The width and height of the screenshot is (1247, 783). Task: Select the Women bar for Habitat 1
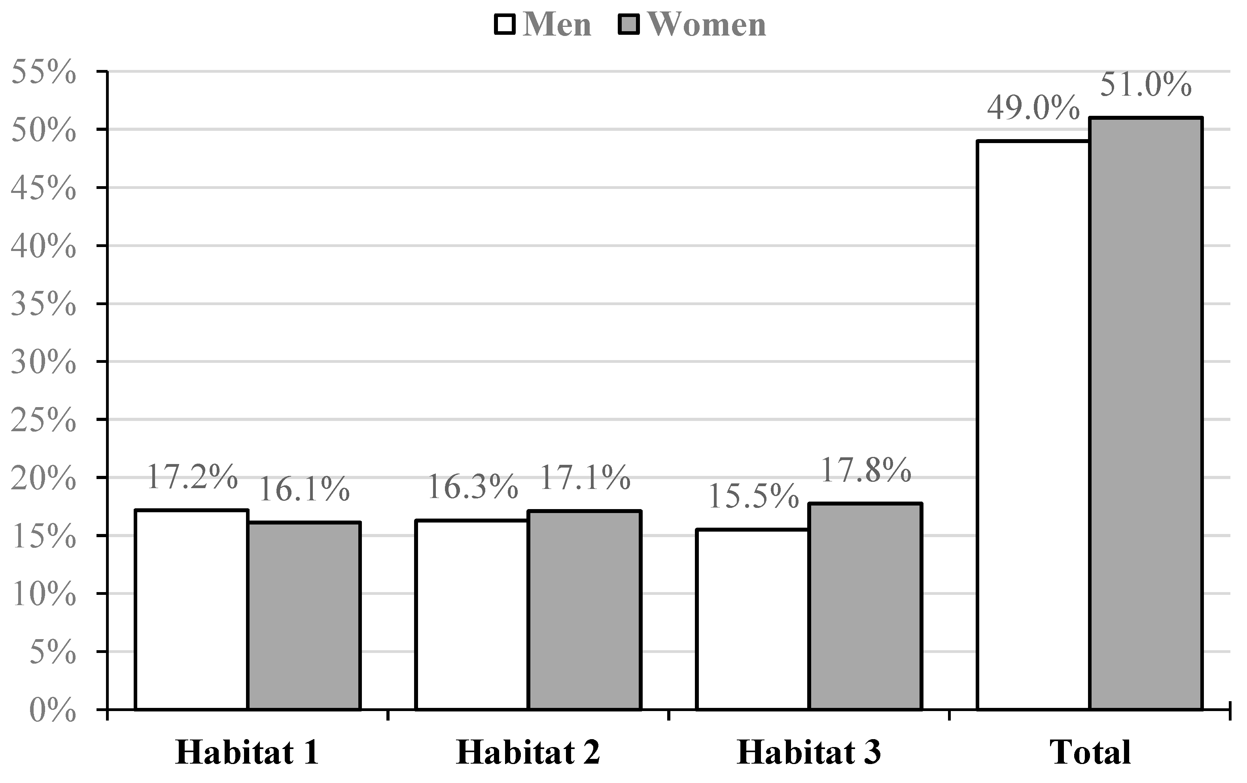[x=304, y=615]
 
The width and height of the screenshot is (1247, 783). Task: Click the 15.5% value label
[x=753, y=496]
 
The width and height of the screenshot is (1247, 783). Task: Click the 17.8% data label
[x=866, y=470]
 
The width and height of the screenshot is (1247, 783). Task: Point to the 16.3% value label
[x=472, y=487]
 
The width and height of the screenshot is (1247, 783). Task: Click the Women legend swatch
[x=629, y=25]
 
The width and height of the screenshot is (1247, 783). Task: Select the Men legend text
[x=557, y=25]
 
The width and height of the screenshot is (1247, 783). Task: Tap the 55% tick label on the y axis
[x=44, y=72]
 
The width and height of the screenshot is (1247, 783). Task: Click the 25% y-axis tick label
[x=44, y=420]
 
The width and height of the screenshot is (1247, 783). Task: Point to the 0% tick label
[x=53, y=711]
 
